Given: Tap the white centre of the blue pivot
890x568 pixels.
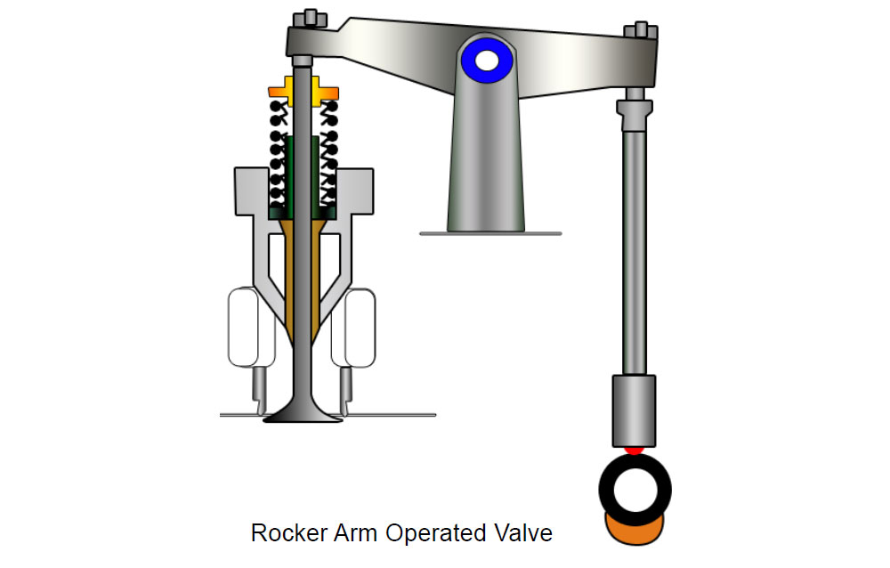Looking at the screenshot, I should point(488,61).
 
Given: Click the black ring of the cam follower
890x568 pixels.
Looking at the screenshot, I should point(612,491).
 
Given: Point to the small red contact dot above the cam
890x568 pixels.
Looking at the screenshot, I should point(633,450).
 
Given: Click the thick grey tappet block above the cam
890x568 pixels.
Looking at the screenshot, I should point(634,410).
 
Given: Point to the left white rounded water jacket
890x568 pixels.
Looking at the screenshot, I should point(242,327).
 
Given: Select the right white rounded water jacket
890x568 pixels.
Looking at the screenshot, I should point(355,327).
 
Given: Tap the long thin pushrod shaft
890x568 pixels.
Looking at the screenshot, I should point(634,249).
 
